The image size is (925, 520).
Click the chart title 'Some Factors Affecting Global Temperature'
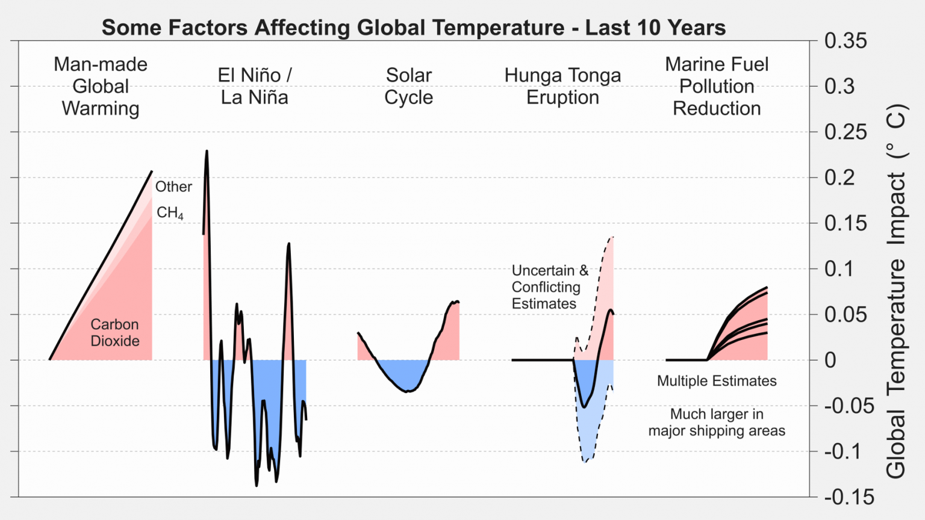click(413, 28)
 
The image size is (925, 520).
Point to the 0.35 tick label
click(846, 41)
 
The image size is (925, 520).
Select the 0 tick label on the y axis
click(830, 360)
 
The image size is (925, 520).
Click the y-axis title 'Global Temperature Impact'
click(896, 291)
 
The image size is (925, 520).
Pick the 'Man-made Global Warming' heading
click(101, 86)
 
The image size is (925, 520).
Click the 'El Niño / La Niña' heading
click(254, 86)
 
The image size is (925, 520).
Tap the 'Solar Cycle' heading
click(408, 86)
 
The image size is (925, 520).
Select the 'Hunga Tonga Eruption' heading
click(562, 86)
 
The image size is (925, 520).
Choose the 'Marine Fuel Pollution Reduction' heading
click(717, 86)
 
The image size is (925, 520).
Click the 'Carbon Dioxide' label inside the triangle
click(114, 332)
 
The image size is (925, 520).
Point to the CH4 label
click(170, 212)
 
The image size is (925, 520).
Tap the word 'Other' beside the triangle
click(173, 187)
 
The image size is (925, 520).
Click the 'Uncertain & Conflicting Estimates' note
click(549, 287)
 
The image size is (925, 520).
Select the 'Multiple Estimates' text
click(717, 381)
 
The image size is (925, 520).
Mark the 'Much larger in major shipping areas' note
click(717, 422)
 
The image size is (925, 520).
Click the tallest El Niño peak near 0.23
click(207, 152)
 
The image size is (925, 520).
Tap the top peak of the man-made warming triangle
click(151, 172)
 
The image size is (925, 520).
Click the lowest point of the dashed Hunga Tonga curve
click(585, 461)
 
